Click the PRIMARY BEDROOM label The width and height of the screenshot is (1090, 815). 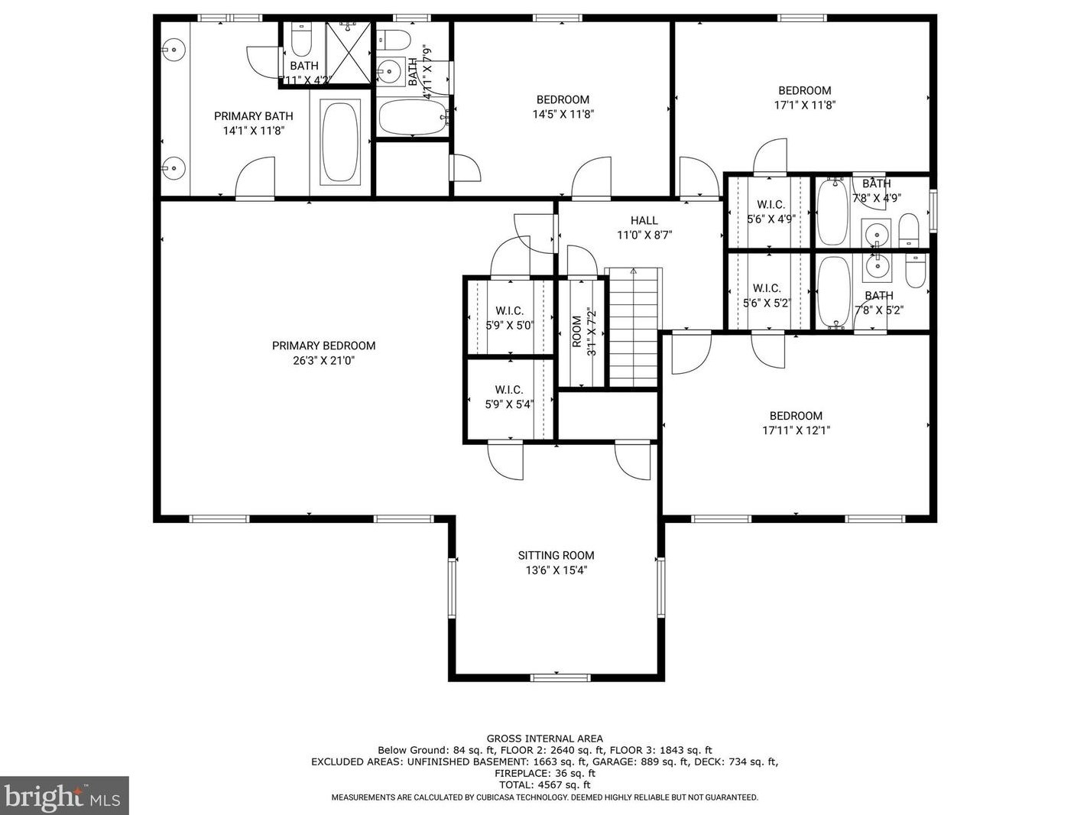[x=323, y=346]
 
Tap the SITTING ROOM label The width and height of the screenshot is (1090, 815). [x=556, y=555]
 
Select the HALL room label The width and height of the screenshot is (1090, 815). [x=644, y=220]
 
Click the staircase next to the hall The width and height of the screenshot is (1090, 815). [x=634, y=327]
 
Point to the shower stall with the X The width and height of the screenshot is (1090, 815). [x=348, y=54]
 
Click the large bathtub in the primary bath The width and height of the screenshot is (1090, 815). [x=340, y=142]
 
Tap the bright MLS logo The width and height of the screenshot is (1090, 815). [x=64, y=795]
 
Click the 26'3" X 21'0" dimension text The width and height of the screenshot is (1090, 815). [x=323, y=361]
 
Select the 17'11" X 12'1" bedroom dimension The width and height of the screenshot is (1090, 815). [x=796, y=430]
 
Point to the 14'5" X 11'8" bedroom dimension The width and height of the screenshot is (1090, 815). [x=563, y=115]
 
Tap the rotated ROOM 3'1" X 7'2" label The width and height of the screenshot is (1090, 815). [x=583, y=332]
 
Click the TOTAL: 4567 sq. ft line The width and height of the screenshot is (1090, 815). [x=545, y=784]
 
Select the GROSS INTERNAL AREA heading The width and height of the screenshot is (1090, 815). [x=545, y=739]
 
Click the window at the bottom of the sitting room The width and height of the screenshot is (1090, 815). [x=560, y=677]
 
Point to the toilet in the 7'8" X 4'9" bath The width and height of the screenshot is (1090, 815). [x=909, y=230]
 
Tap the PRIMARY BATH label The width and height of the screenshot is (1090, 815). [x=253, y=116]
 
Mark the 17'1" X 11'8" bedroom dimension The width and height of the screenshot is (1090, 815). [x=804, y=106]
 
